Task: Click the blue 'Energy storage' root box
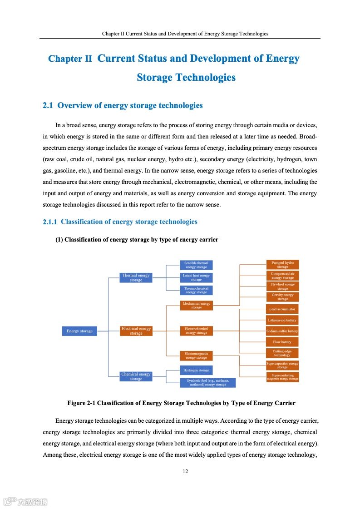click(x=79, y=331)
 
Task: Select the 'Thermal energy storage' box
click(x=136, y=277)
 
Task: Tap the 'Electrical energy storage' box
click(x=136, y=331)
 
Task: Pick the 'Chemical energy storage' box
click(x=136, y=376)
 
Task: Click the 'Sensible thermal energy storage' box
click(x=196, y=265)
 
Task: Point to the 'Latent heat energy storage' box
click(x=196, y=277)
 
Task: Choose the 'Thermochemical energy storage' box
click(x=196, y=290)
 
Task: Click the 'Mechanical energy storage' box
click(x=196, y=305)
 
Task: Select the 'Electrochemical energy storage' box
click(x=196, y=331)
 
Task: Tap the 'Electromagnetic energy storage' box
click(x=196, y=356)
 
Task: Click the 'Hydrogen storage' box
click(x=196, y=371)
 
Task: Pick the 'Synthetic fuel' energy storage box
click(x=207, y=383)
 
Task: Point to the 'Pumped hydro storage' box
click(x=282, y=265)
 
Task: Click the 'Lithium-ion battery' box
click(x=282, y=320)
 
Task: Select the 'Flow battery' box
click(x=282, y=342)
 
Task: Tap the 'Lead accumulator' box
click(x=282, y=309)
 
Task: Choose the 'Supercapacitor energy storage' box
click(x=282, y=365)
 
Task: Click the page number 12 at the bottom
click(x=185, y=471)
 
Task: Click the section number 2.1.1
click(x=49, y=222)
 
